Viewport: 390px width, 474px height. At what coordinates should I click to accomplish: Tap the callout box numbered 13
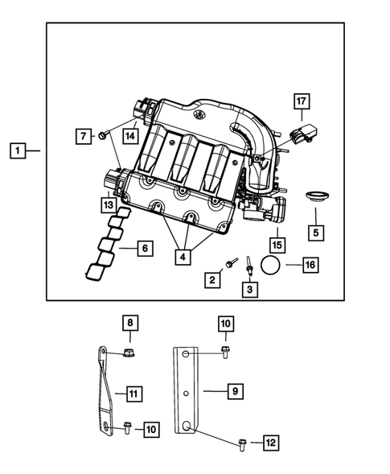point(107,205)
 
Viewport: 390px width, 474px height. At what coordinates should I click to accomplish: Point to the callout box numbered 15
point(277,243)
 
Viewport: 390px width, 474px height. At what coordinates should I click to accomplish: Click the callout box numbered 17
point(301,102)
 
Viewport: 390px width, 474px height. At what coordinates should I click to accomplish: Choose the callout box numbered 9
point(234,391)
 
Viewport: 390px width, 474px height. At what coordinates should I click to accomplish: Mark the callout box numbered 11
point(134,394)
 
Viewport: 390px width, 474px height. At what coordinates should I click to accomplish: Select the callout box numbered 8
point(128,324)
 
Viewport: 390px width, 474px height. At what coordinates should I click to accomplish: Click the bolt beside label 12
point(243,442)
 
